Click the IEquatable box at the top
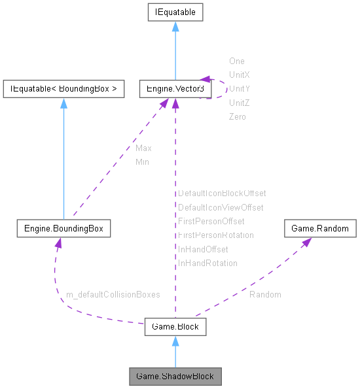click(175, 12)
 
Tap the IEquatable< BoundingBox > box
click(63, 89)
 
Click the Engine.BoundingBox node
click(63, 229)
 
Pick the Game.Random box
click(320, 229)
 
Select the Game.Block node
click(175, 326)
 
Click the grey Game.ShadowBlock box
click(175, 377)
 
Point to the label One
click(236, 61)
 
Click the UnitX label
click(240, 75)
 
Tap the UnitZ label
click(240, 103)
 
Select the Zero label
click(237, 116)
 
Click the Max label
click(143, 148)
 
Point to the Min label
click(142, 161)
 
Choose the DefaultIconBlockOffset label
click(222, 194)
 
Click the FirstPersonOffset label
click(211, 221)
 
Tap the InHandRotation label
click(207, 263)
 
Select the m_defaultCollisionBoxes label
click(113, 295)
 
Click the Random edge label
click(265, 295)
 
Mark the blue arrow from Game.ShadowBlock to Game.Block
click(175, 353)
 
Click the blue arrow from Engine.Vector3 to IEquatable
click(175, 52)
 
